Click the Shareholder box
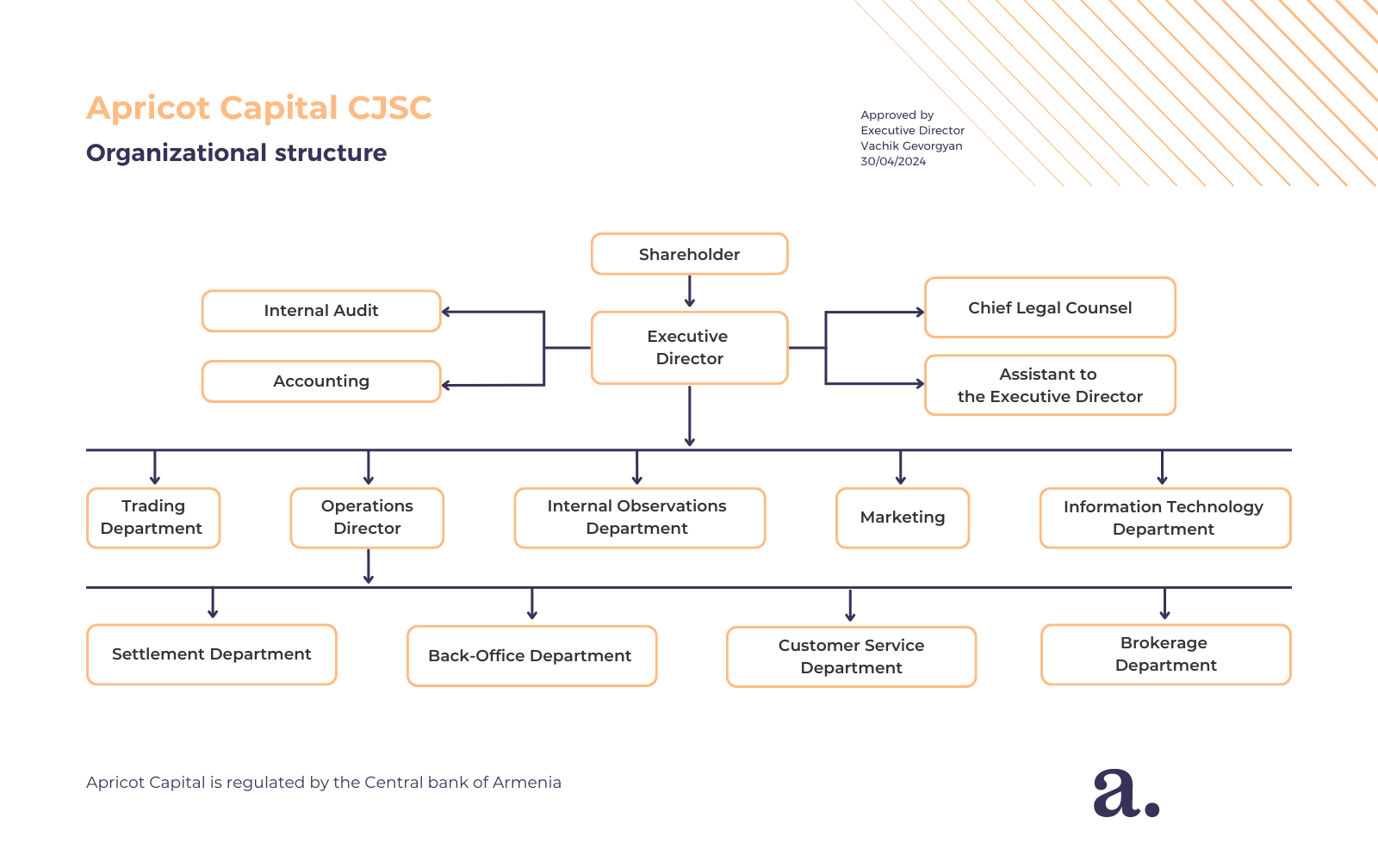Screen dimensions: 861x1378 (x=689, y=254)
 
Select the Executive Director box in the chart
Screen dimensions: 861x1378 (x=689, y=348)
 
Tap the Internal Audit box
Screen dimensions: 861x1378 (x=321, y=311)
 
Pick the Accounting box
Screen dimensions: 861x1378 (x=321, y=381)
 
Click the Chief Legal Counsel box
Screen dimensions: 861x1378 (x=1050, y=307)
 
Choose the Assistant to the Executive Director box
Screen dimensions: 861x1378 (x=1050, y=385)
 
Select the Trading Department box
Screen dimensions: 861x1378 (x=153, y=517)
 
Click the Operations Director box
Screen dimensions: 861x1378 (x=367, y=517)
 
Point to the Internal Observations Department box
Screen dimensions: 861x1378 (x=639, y=517)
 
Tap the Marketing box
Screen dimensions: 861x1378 (x=902, y=517)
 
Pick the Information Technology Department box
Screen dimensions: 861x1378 (x=1164, y=517)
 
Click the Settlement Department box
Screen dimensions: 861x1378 (x=211, y=654)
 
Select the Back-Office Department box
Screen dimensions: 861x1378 (x=531, y=656)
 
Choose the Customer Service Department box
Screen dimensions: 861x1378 (x=851, y=657)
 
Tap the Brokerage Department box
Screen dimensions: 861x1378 (x=1165, y=654)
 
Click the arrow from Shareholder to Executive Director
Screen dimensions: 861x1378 (x=690, y=292)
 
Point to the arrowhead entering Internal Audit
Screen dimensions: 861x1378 (x=447, y=312)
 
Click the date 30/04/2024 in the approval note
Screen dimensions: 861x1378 (x=893, y=162)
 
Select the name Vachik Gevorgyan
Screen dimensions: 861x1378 (x=911, y=146)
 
